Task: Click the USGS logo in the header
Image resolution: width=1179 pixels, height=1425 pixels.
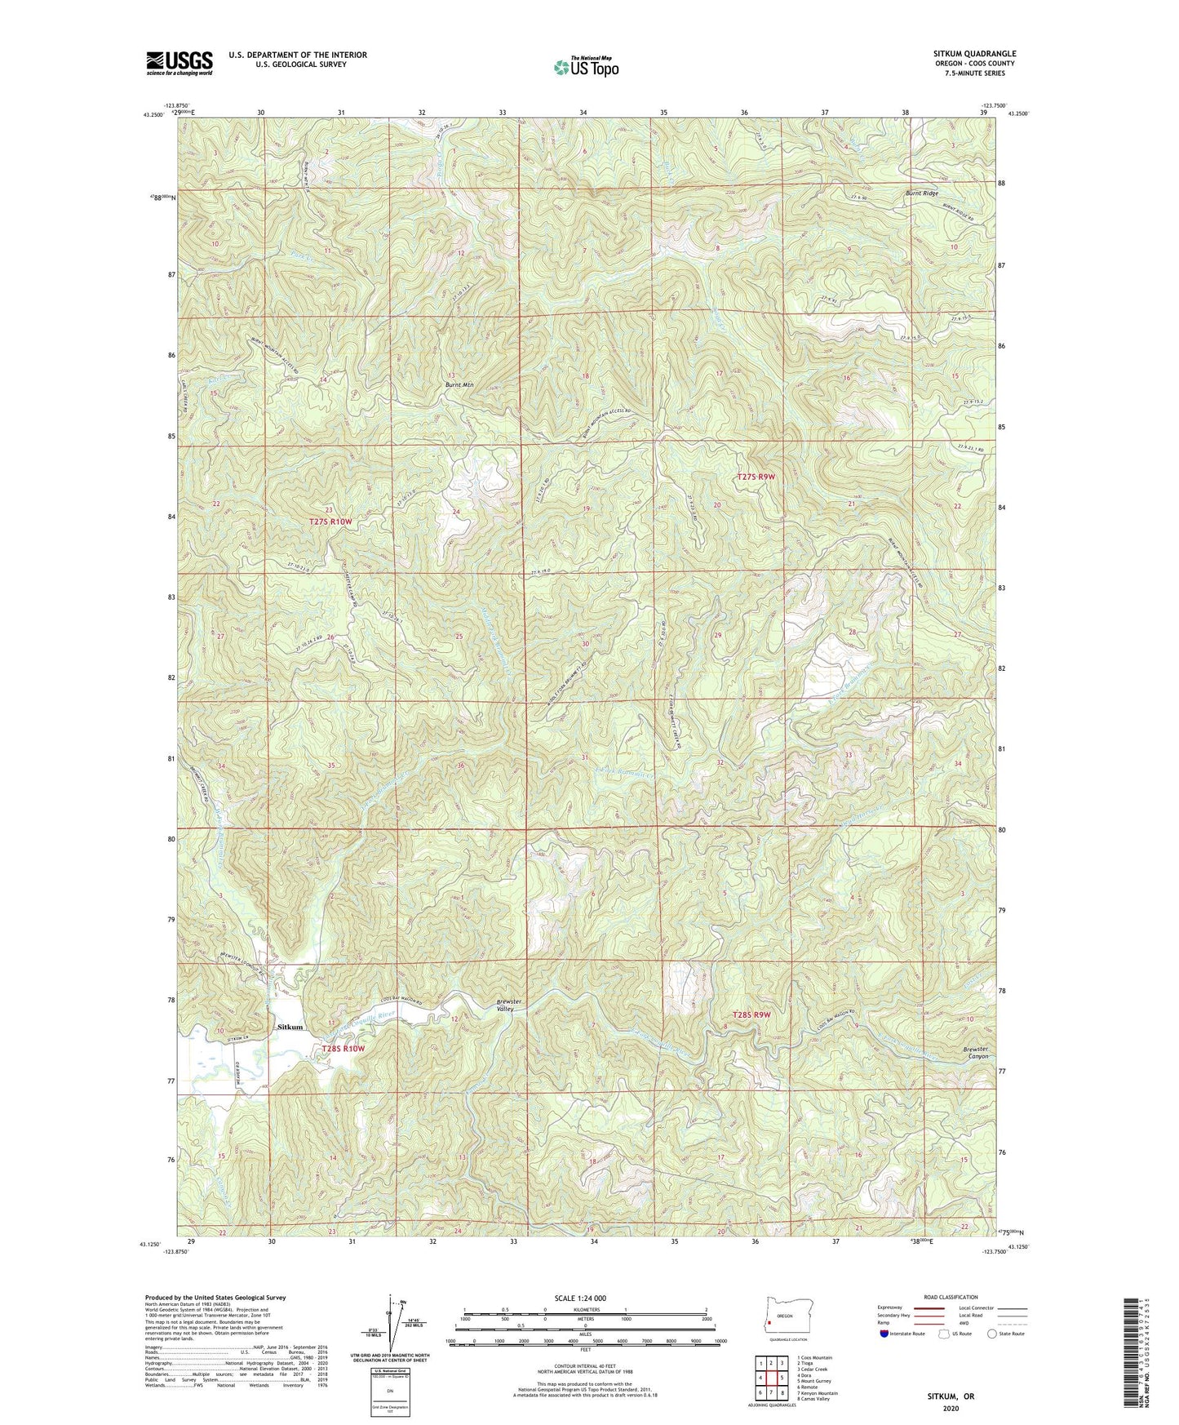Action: (180, 62)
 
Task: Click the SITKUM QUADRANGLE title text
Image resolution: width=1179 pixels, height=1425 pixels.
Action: (963, 54)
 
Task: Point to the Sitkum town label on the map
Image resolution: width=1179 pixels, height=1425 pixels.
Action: (290, 1027)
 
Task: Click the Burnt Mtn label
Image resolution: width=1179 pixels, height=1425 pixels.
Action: (459, 384)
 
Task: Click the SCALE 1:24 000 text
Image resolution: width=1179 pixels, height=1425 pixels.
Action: (586, 1298)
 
